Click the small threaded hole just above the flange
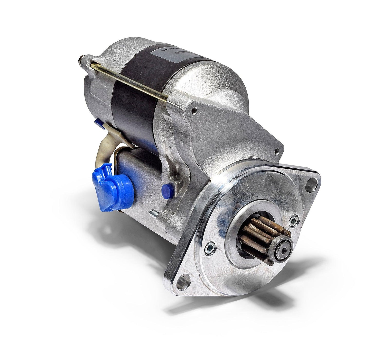click(277, 151)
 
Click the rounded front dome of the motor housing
click(226, 85)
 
